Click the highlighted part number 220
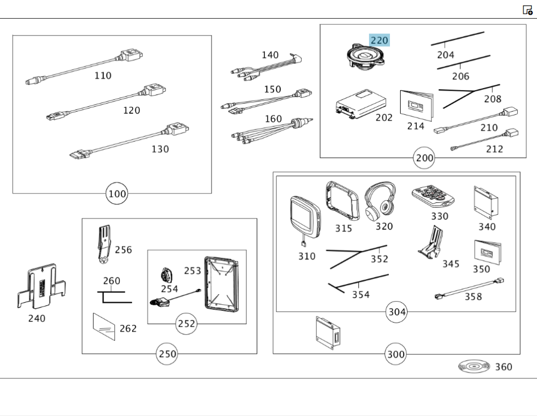pos(379,40)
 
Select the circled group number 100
pos(117,193)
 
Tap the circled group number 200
pos(424,158)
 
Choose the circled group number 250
pos(167,354)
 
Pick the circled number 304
pos(397,312)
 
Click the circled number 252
pos(187,324)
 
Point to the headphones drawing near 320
pos(380,201)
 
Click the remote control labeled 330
pos(433,198)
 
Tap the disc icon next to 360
pos(474,367)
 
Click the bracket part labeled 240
pos(41,287)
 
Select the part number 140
pos(270,55)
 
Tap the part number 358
pos(473,296)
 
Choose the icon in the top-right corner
pos(527,10)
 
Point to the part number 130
pos(160,149)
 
